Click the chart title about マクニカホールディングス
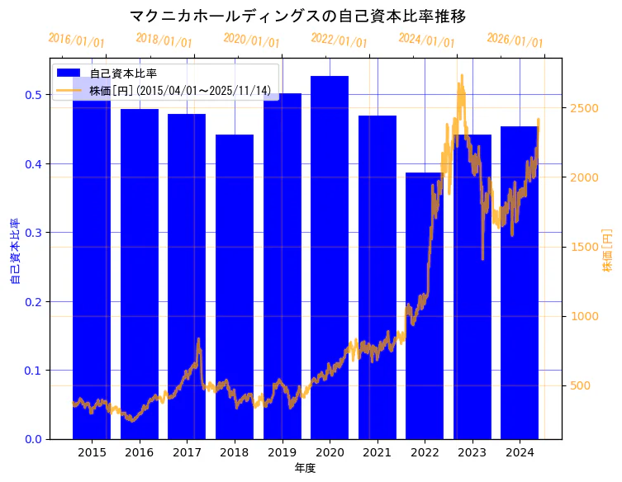(x=310, y=16)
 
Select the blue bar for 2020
(x=330, y=256)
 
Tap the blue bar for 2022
(x=425, y=305)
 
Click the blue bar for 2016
(x=140, y=272)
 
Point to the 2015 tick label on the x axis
(x=92, y=452)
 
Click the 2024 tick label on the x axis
(x=520, y=452)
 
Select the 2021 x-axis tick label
(x=377, y=452)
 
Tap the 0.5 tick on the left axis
(x=33, y=95)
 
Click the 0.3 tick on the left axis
(x=33, y=233)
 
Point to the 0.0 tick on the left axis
(x=33, y=439)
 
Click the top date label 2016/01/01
(x=76, y=40)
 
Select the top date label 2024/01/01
(x=426, y=40)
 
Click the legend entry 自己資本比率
(x=123, y=73)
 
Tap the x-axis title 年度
(x=306, y=468)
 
